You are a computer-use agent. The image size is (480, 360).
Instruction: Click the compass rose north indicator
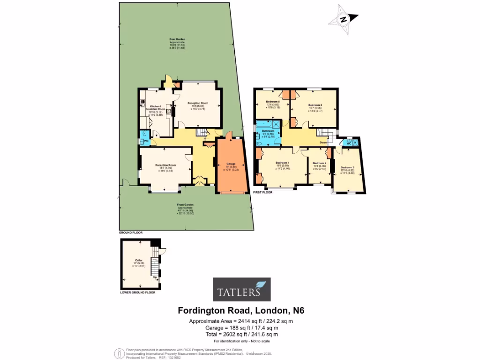coord(344,19)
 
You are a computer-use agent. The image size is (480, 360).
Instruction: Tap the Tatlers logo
coord(241,289)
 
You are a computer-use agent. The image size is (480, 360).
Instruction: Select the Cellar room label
coord(138,260)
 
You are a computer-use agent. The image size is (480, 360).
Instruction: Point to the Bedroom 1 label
coord(283,163)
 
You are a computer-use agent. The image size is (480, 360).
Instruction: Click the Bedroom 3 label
coord(347,167)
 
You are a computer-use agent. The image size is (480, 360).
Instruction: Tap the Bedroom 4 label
coord(319,163)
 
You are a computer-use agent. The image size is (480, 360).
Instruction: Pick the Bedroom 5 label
coord(273,102)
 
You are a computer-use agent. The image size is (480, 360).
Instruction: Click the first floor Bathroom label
coord(268,131)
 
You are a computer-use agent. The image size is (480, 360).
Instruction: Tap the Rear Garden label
coord(178,39)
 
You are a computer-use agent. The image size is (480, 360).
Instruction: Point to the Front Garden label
coord(186,205)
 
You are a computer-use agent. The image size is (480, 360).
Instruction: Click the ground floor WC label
coord(146,141)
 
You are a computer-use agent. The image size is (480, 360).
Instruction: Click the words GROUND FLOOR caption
coord(130,232)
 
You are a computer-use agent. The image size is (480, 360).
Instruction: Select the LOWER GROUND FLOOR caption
coord(137,292)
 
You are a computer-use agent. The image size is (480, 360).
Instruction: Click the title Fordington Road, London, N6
coord(241,310)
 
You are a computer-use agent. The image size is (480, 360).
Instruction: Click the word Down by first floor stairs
coord(323,142)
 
